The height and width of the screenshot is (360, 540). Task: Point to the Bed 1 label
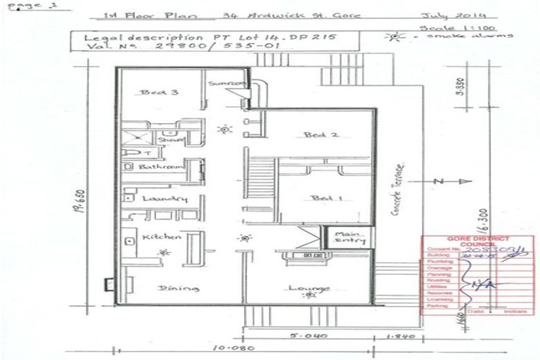click(327, 198)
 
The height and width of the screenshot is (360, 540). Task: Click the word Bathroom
click(161, 167)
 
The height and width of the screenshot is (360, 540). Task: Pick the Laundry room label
click(165, 199)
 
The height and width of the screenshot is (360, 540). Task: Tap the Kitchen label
click(162, 237)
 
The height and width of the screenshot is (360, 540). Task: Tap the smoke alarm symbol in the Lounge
click(307, 295)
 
